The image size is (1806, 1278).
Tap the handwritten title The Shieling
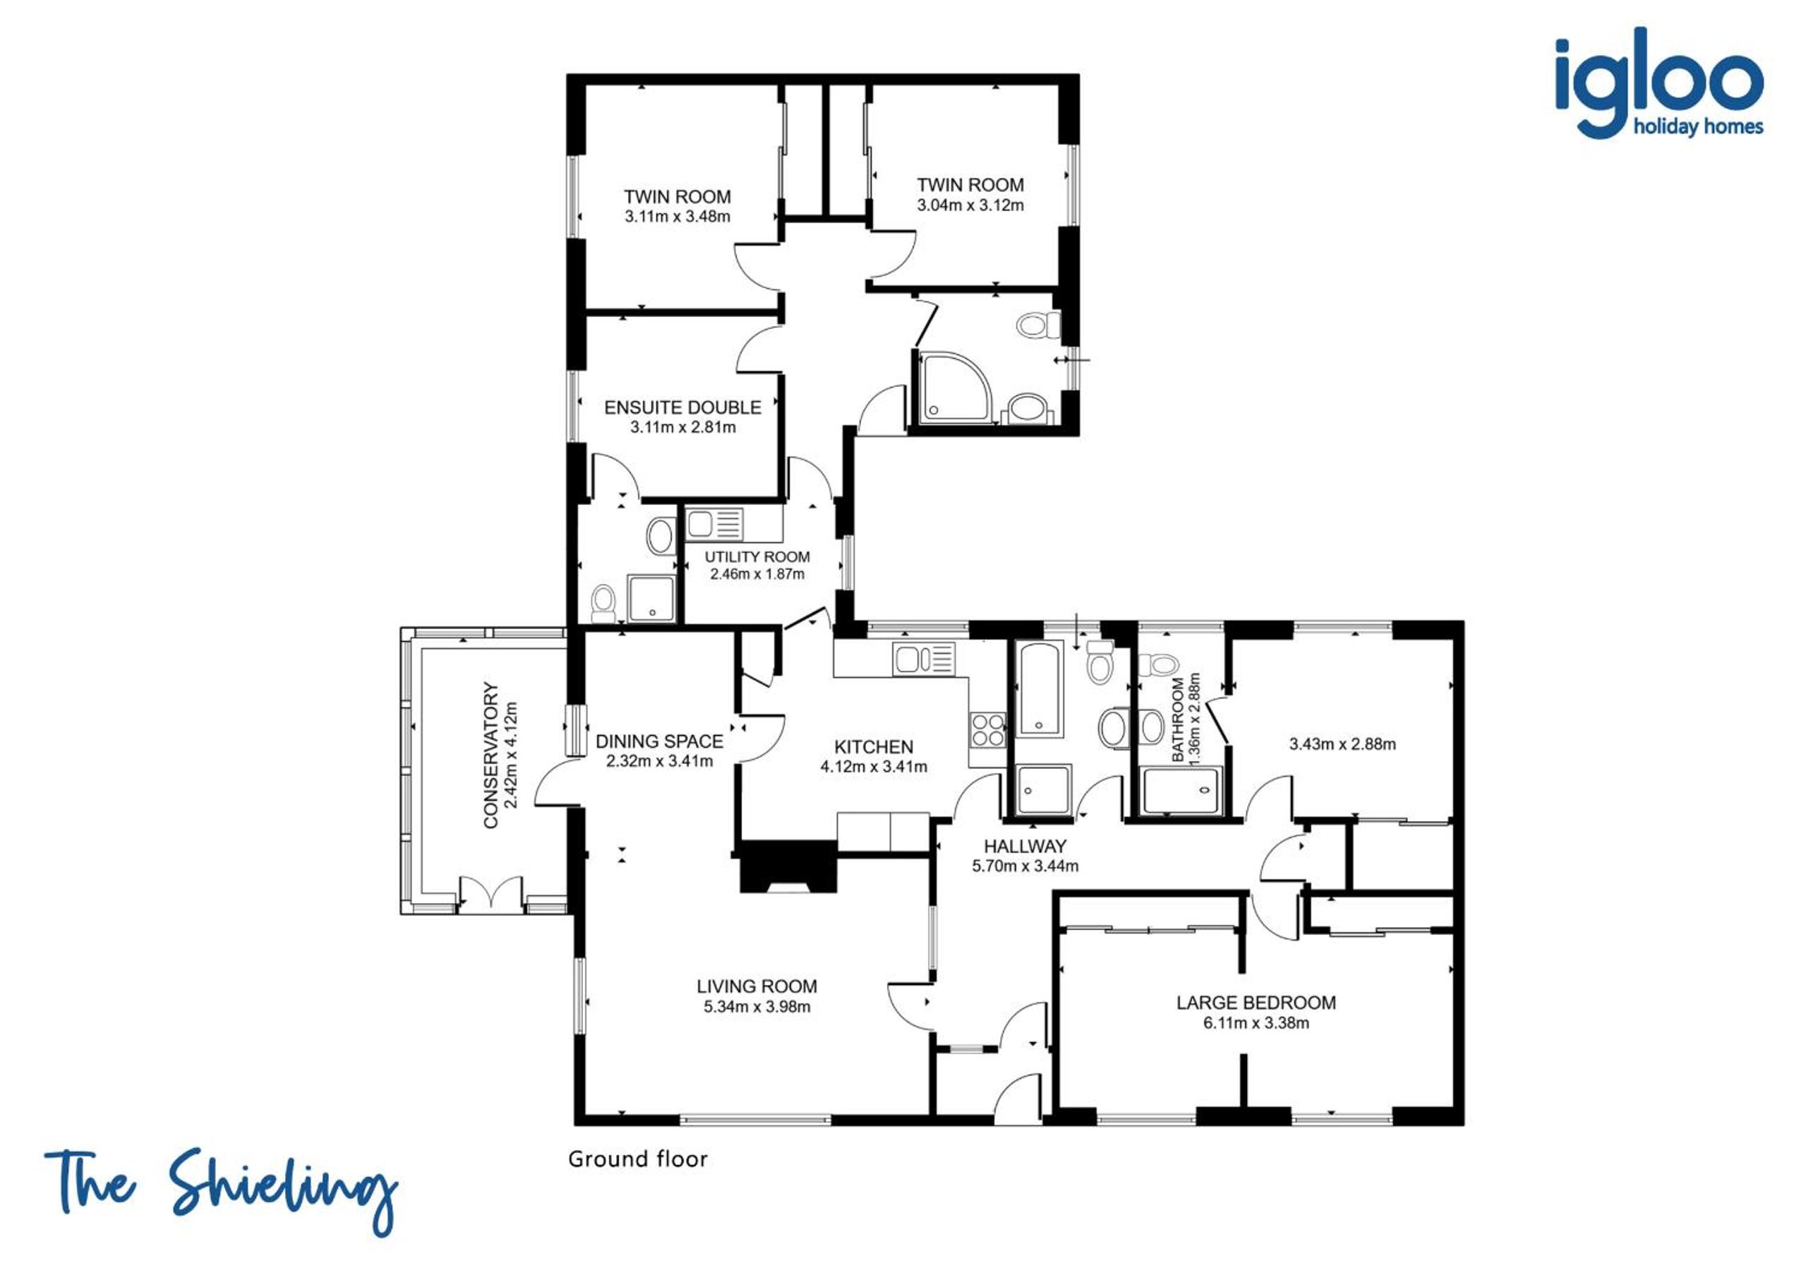[x=221, y=1190]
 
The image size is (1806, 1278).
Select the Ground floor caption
[x=638, y=1159]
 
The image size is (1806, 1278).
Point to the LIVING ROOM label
[x=757, y=986]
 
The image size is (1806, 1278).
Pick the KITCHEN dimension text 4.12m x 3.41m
[x=874, y=767]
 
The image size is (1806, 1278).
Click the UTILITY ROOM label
[x=757, y=557]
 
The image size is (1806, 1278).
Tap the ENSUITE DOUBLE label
[x=682, y=407]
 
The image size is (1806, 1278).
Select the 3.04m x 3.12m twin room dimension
[x=970, y=205]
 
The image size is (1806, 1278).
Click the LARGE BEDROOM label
[x=1256, y=1003]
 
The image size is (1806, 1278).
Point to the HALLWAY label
[x=1025, y=846]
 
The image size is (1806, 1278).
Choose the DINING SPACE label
[x=659, y=741]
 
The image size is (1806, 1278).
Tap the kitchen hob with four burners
[x=988, y=729]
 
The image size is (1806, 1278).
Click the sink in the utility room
[x=714, y=523]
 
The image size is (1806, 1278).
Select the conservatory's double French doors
[x=492, y=894]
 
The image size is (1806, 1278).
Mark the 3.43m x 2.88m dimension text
[x=1343, y=743]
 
